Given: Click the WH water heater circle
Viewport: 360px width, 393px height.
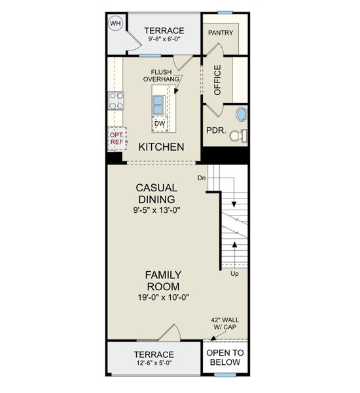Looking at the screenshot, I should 116,24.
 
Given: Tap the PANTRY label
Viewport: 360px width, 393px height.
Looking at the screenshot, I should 221,33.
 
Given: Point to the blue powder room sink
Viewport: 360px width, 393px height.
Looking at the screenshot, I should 242,115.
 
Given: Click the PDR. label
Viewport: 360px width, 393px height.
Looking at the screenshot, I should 216,131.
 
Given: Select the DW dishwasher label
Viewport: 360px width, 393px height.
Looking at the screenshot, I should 159,123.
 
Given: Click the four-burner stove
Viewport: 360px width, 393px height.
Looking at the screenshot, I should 116,101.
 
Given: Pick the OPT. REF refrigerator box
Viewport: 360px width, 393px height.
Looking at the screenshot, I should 116,138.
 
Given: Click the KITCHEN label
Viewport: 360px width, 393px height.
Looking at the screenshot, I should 160,147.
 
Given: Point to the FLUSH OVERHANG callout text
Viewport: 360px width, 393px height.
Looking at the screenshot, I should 162,76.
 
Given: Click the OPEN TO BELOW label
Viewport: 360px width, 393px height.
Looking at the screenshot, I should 225,358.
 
